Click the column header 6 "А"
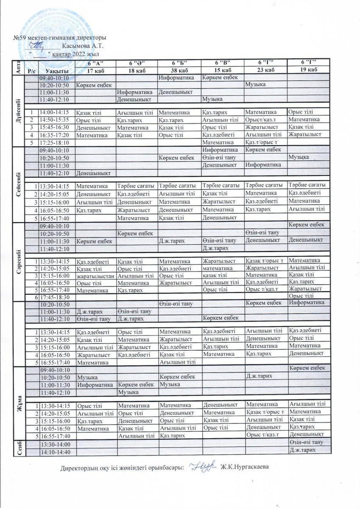point(95,63)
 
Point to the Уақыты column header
point(56,70)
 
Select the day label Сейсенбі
point(19,184)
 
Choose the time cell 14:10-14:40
point(56,451)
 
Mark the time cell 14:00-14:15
point(56,112)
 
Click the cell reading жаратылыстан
point(95,275)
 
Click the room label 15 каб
point(222,70)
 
